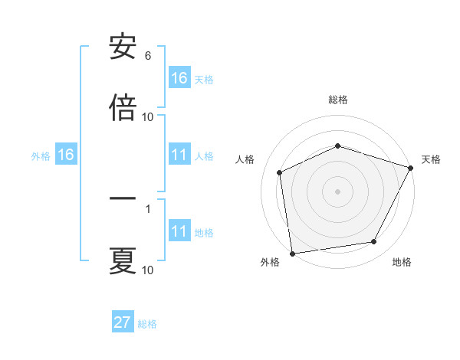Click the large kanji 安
[x=123, y=47]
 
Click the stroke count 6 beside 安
[x=147, y=56]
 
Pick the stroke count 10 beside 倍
[x=147, y=117]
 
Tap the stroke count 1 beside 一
[x=147, y=208]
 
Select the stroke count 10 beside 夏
[x=147, y=270]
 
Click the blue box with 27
[x=123, y=322]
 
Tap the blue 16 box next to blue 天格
[x=179, y=78]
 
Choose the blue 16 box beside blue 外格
[x=66, y=155]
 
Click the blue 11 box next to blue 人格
[x=179, y=155]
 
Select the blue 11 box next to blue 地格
[x=179, y=232]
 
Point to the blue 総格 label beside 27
[x=147, y=324]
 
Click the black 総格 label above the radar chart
[x=338, y=100]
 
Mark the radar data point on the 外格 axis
[x=292, y=253]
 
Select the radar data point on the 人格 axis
[x=280, y=172]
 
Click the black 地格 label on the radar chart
[x=402, y=263]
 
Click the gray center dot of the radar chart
[x=337, y=191]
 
